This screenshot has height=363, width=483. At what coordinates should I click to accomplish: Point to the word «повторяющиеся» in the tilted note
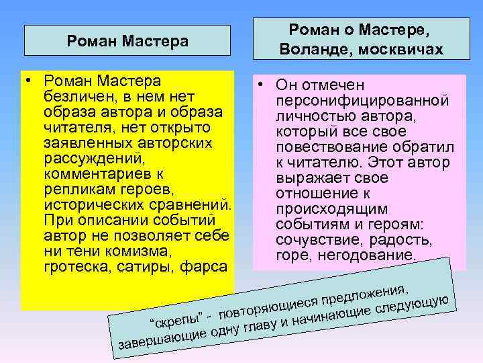pos(268,305)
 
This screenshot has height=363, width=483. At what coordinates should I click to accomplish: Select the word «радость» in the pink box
pos(404,240)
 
